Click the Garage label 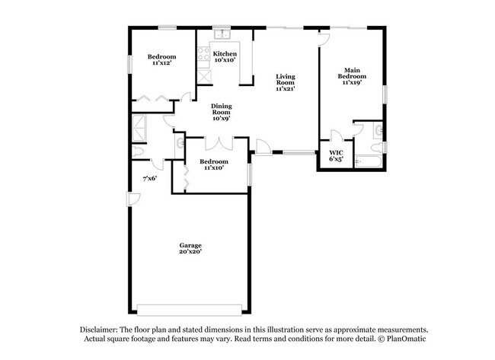[190, 249]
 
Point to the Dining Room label [222, 112]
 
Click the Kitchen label [225, 56]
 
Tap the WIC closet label [336, 155]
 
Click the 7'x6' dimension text [150, 179]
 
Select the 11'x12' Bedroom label [161, 59]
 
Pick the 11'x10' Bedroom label [213, 164]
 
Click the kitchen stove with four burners [204, 55]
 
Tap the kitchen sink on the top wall [222, 34]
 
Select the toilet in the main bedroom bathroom [378, 132]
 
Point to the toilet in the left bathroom [139, 152]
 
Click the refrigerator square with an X [203, 76]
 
